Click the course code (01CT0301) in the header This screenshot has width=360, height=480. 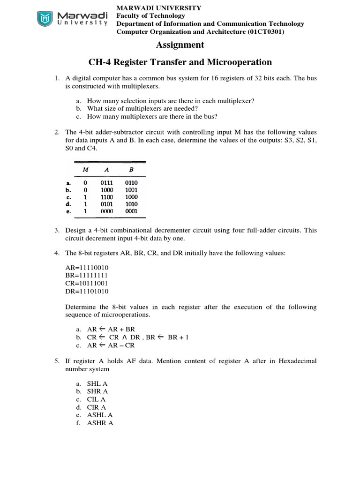(266, 31)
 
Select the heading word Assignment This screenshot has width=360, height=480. (180, 45)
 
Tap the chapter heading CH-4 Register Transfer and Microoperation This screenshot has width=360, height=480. (180, 62)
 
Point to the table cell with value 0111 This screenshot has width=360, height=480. (107, 183)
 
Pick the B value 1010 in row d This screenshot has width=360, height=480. (131, 204)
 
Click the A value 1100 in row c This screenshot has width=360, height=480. (107, 197)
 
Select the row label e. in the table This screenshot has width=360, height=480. (68, 211)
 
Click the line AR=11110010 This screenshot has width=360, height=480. (87, 267)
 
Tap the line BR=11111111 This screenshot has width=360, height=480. (87, 275)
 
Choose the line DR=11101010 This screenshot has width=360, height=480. (87, 291)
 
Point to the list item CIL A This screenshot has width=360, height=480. (97, 399)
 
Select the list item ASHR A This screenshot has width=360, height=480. (100, 423)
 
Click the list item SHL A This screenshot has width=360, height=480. (97, 383)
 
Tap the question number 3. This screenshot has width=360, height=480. (56, 230)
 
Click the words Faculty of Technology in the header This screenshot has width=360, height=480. (150, 15)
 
